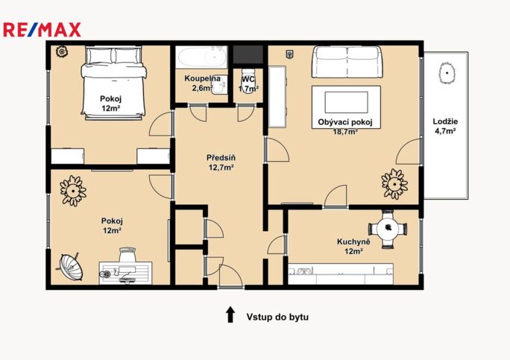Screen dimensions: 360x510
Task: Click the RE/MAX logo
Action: coord(42,30)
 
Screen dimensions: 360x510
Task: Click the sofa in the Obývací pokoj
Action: coord(346,63)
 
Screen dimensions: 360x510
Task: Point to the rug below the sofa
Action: coord(346,102)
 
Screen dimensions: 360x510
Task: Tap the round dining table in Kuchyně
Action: coord(387,228)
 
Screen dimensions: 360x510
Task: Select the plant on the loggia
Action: coord(447,73)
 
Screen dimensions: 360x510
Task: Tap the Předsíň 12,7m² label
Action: coord(221,162)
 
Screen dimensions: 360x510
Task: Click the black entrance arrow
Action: coord(230,315)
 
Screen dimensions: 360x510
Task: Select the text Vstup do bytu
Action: coord(277,317)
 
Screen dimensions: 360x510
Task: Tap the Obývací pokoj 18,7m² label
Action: coord(344,127)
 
